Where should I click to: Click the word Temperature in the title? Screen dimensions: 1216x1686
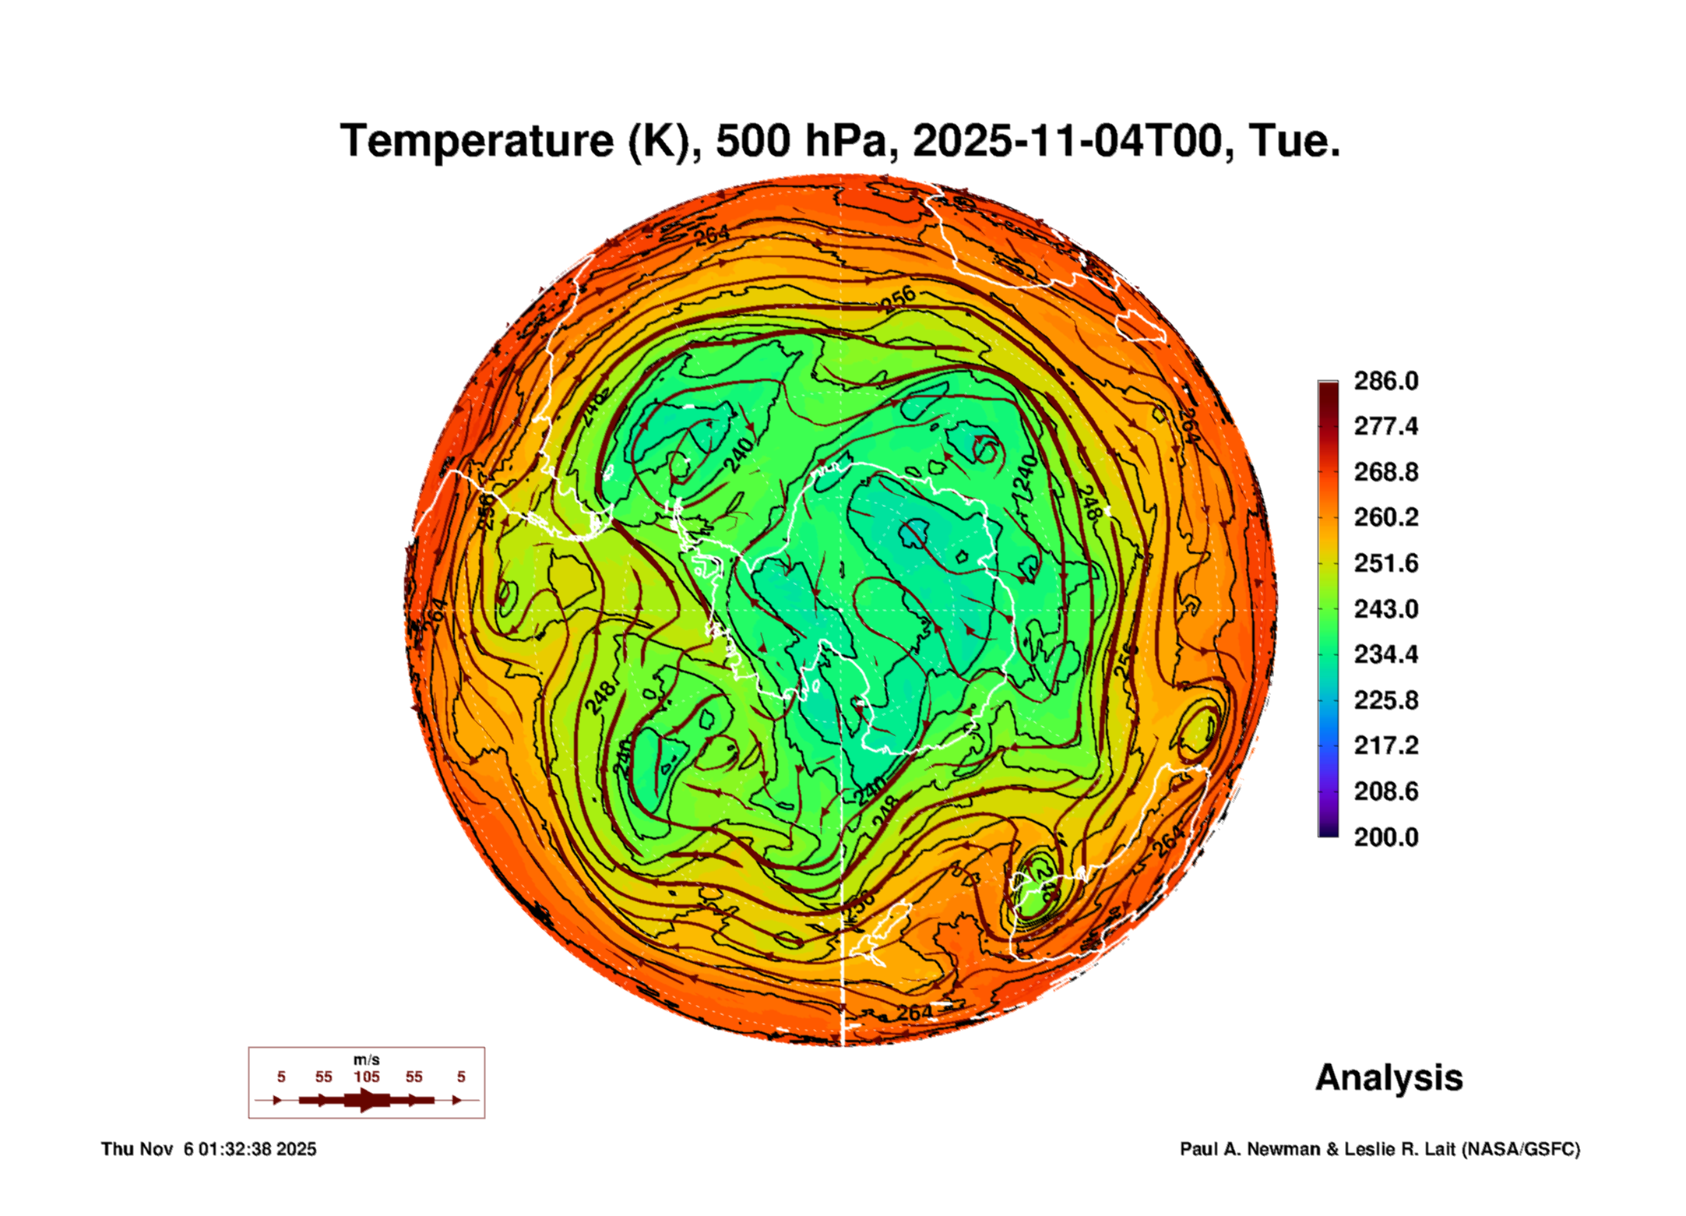(x=477, y=141)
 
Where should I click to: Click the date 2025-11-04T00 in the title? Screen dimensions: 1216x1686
(x=1067, y=141)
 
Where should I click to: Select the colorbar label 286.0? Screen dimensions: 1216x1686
(x=1385, y=381)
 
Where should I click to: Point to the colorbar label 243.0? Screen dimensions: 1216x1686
(x=1385, y=608)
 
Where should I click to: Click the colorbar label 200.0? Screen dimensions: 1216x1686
(x=1385, y=837)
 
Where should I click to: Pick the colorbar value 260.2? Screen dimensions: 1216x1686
(x=1385, y=517)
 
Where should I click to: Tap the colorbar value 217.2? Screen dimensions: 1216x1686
(x=1385, y=745)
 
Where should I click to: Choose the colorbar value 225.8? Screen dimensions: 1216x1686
(x=1385, y=700)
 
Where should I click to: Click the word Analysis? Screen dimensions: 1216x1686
(x=1389, y=1077)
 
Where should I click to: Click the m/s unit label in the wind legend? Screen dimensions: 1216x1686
(x=366, y=1059)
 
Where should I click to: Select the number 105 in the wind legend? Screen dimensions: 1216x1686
(x=366, y=1077)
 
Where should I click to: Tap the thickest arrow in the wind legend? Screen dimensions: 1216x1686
(x=366, y=1100)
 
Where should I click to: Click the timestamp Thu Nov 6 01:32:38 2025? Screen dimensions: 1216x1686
(x=209, y=1149)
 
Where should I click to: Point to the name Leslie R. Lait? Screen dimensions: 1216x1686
(x=1399, y=1149)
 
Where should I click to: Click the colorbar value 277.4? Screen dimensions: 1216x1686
(x=1385, y=426)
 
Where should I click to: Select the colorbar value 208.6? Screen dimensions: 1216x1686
(x=1385, y=791)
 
